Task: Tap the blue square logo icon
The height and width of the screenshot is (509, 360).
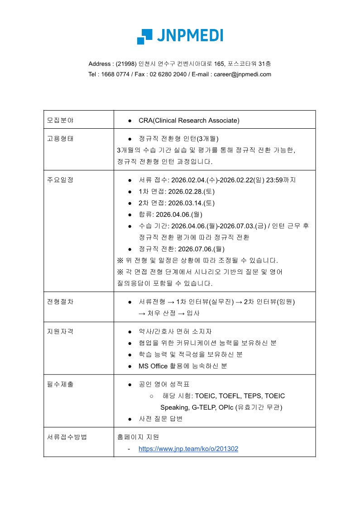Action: [x=144, y=36]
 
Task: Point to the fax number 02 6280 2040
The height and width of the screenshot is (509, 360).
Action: [x=168, y=74]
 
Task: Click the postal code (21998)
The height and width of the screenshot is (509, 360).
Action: [x=125, y=63]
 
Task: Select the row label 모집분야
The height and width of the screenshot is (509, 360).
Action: [x=60, y=120]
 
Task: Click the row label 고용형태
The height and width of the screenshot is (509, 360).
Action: [x=60, y=138]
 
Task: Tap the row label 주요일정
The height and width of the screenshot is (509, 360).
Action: [x=60, y=179]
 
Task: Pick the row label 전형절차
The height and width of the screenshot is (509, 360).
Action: [x=60, y=301]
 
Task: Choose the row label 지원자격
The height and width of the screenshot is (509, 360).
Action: [x=60, y=331]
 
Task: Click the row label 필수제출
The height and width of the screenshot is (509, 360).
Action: [x=60, y=384]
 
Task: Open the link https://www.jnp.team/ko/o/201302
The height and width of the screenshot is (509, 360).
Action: [x=188, y=449]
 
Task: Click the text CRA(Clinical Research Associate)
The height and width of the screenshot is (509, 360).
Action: [x=189, y=120]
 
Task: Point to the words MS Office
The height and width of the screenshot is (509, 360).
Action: [x=153, y=366]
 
